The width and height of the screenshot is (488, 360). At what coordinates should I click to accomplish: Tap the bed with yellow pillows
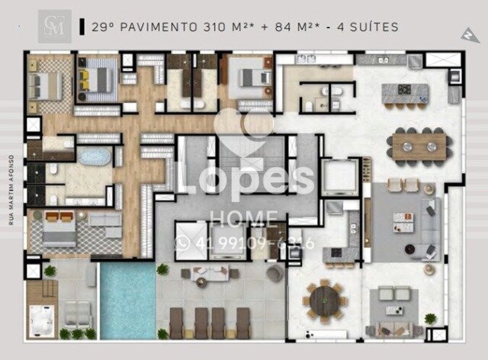98,76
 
